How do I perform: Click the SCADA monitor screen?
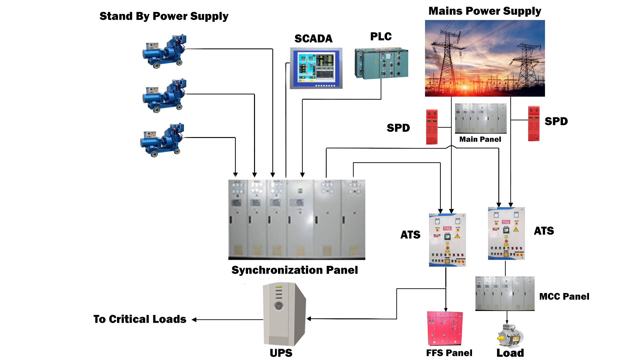coord(316,68)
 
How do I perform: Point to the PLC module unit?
coord(381,63)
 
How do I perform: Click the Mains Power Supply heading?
coord(485,11)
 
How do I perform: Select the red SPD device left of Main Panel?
coord(432,127)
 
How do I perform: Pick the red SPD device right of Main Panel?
coord(534,123)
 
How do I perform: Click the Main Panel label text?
coord(480,139)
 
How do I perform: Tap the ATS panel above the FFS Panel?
coord(447,240)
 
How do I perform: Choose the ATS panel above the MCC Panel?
coord(506,233)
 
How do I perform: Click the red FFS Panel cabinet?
coord(445,328)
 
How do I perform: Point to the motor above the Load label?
coord(510,336)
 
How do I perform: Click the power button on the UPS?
coord(279,306)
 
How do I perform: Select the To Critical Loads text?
coord(140,319)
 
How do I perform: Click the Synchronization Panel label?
coord(295,270)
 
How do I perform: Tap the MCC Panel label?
coord(564,296)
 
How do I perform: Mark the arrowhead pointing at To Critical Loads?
coord(194,320)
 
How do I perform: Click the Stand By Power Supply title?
coord(164,16)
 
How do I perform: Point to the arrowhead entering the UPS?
coord(309,319)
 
